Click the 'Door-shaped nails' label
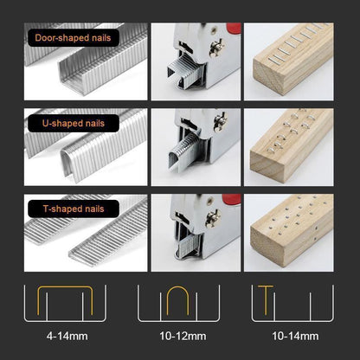74,38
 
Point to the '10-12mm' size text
179,335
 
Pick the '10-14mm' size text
297,335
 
